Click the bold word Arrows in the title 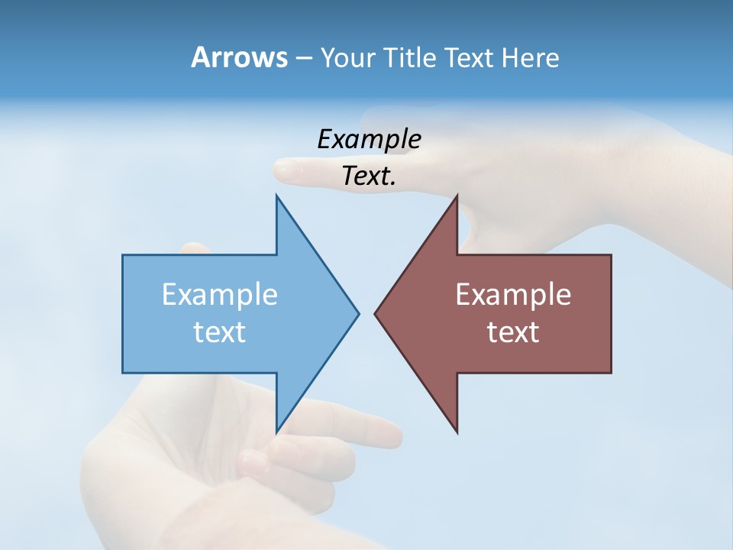[239, 57]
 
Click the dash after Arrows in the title [303, 58]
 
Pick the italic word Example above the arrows [369, 139]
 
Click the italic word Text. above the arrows [369, 176]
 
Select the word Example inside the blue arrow [220, 294]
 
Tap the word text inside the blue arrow [220, 332]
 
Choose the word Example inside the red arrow [513, 294]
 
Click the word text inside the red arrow [513, 332]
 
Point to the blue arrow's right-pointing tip [358, 313]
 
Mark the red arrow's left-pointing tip [375, 313]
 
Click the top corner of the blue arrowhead [277, 196]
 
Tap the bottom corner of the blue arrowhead [277, 432]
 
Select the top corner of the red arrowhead [457, 196]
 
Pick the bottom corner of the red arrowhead [457, 432]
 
